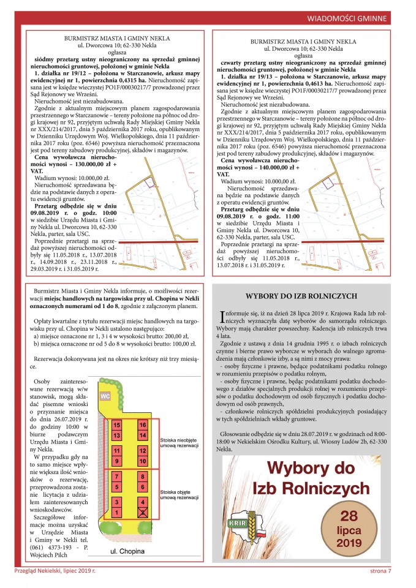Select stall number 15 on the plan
(117, 424)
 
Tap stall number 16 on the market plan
(143, 424)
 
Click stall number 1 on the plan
(117, 511)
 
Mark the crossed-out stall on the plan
(143, 511)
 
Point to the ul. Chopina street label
(127, 551)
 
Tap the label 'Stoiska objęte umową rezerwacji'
(178, 494)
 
